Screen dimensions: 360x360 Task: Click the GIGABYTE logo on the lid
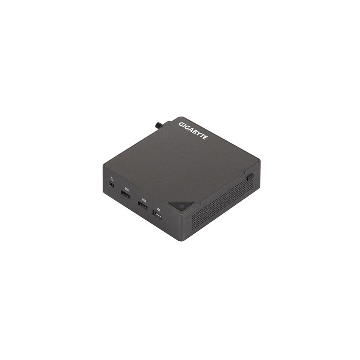pyautogui.click(x=193, y=130)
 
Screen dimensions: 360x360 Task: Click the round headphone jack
pyautogui.click(x=111, y=184)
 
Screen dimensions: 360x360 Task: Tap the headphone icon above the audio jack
pyautogui.click(x=111, y=177)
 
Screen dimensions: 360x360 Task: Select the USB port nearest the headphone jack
pyautogui.click(x=125, y=195)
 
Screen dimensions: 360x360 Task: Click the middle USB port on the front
pyautogui.click(x=142, y=207)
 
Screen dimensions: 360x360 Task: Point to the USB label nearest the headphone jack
pyautogui.click(x=126, y=189)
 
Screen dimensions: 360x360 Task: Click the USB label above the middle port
pyautogui.click(x=144, y=200)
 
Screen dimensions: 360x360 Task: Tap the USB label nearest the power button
pyautogui.click(x=158, y=209)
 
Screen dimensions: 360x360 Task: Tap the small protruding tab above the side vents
pyautogui.click(x=249, y=177)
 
